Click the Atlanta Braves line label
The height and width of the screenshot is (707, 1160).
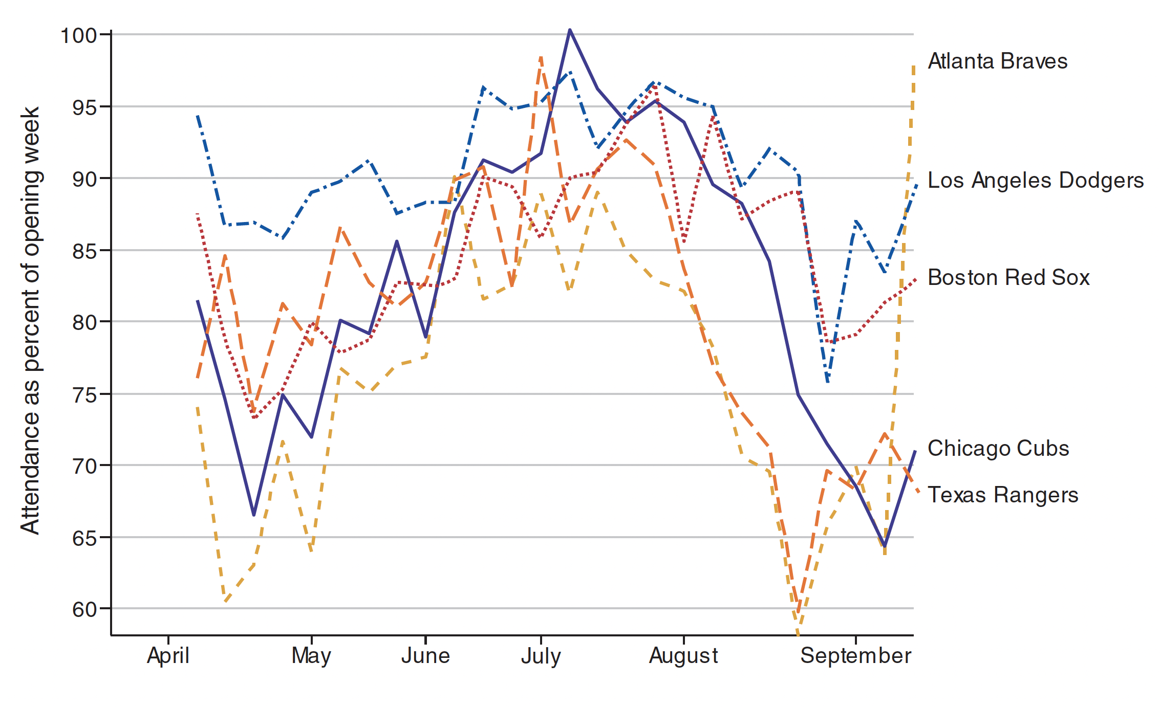tap(997, 61)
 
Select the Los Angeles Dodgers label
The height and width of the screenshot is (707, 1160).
tap(1035, 181)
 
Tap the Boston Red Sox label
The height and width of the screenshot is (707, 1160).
tap(1008, 278)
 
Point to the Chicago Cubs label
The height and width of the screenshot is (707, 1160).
tap(998, 449)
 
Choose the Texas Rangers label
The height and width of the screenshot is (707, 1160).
tap(1003, 495)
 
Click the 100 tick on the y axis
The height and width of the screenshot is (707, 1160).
tap(78, 36)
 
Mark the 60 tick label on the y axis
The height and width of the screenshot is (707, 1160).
tap(84, 610)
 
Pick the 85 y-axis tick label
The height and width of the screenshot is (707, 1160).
tap(84, 251)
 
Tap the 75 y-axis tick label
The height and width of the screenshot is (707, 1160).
tap(84, 395)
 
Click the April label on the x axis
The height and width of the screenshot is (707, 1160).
tap(168, 656)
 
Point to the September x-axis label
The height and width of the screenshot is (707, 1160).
tap(855, 656)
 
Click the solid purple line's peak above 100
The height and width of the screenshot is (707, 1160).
tap(570, 30)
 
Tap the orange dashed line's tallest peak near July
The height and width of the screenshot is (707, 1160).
tap(541, 57)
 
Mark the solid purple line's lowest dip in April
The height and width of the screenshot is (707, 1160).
tap(254, 515)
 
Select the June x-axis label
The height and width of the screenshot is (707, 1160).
tap(425, 656)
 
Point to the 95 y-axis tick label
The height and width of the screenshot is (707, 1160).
tap(84, 108)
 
